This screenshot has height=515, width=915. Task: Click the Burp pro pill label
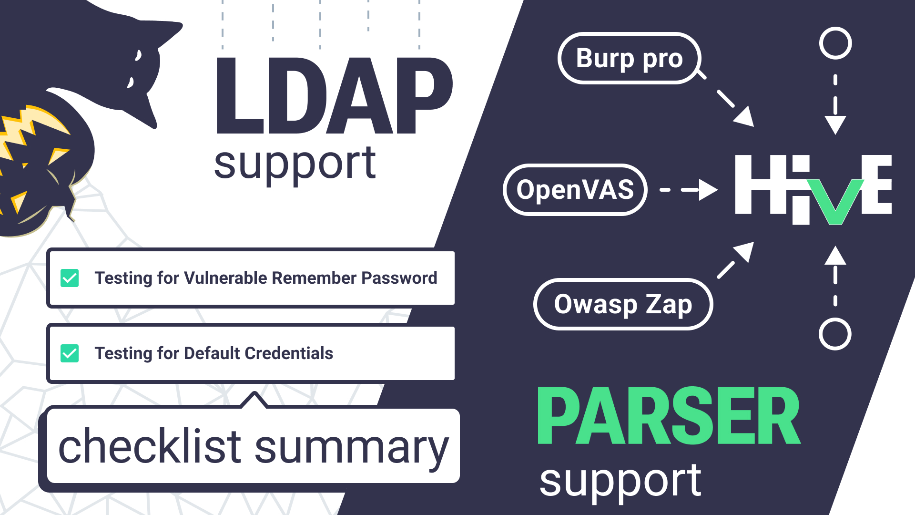(x=629, y=58)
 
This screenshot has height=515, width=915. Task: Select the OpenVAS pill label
(x=575, y=190)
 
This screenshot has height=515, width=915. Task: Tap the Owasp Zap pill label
(x=623, y=304)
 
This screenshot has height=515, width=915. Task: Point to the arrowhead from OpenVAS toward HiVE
(x=708, y=190)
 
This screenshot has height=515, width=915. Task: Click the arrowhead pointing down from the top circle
(x=835, y=125)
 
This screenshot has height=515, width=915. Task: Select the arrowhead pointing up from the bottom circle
(x=835, y=256)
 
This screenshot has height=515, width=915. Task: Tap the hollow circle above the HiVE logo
(x=835, y=43)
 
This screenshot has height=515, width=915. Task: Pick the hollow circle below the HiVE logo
(x=835, y=334)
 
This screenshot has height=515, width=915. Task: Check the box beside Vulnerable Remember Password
(x=70, y=278)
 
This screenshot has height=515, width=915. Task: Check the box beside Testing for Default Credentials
(x=70, y=353)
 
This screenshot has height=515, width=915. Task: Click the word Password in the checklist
(x=399, y=278)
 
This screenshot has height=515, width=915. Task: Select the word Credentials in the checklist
(x=289, y=353)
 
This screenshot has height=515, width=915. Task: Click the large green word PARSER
(x=669, y=416)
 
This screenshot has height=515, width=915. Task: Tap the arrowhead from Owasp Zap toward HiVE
(x=744, y=252)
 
